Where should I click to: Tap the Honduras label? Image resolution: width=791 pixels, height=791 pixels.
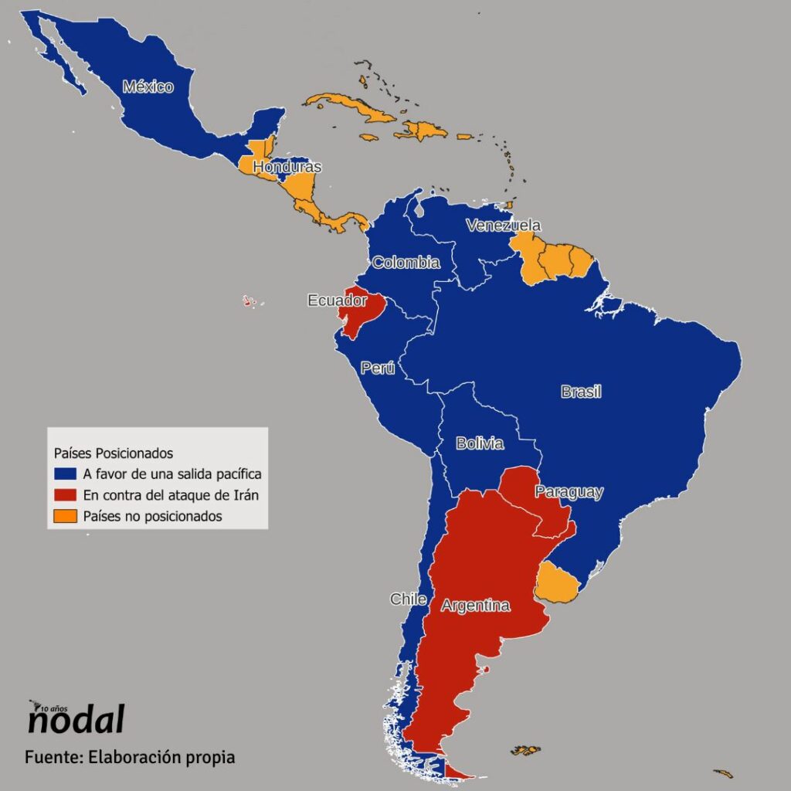pyautogui.click(x=287, y=167)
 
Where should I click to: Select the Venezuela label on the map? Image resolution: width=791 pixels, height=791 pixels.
pyautogui.click(x=503, y=226)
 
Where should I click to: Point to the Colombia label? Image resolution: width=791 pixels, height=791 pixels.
pyautogui.click(x=406, y=263)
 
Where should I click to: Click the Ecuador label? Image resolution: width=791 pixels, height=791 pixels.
pyautogui.click(x=337, y=300)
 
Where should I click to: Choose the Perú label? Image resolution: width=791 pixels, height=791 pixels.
pyautogui.click(x=378, y=368)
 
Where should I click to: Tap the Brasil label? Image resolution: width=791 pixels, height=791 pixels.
pyautogui.click(x=581, y=392)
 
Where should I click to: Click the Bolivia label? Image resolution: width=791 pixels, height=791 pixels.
pyautogui.click(x=480, y=443)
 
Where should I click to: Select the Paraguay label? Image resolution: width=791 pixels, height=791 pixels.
pyautogui.click(x=569, y=492)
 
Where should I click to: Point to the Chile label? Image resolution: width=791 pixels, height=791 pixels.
pyautogui.click(x=406, y=599)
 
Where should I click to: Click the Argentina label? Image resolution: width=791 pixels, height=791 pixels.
pyautogui.click(x=475, y=606)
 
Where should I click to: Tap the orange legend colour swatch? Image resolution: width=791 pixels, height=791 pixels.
pyautogui.click(x=66, y=516)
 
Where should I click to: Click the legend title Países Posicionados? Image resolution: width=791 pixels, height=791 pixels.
pyautogui.click(x=113, y=452)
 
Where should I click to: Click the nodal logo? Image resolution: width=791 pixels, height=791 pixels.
pyautogui.click(x=75, y=718)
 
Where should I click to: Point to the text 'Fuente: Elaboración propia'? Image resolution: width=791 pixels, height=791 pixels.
pyautogui.click(x=129, y=757)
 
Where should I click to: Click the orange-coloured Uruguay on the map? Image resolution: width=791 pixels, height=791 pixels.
pyautogui.click(x=556, y=583)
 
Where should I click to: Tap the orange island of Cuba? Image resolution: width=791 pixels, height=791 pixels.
pyautogui.click(x=351, y=108)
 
